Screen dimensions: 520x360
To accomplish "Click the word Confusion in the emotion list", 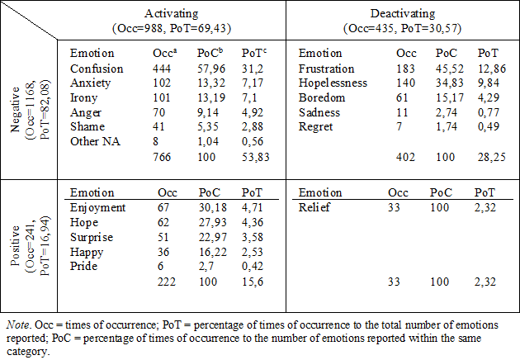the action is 97,69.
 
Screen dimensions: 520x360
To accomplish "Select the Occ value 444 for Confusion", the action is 162,69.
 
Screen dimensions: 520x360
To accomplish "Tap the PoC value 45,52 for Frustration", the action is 449,69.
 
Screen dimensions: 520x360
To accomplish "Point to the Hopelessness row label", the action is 333,83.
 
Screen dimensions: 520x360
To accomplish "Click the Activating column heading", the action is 172,13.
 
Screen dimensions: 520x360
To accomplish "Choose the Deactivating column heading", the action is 403,13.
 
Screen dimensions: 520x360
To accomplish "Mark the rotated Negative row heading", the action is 15,110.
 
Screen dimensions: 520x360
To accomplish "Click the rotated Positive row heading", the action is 15,245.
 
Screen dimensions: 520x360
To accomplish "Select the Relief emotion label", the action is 314,207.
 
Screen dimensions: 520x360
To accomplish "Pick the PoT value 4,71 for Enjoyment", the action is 252,207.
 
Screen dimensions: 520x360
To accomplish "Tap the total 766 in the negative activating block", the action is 162,157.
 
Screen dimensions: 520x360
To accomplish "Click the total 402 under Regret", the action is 405,157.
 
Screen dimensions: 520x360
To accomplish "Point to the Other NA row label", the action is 95,141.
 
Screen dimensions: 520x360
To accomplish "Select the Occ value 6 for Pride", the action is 160,266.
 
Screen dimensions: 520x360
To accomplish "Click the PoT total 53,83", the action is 255,157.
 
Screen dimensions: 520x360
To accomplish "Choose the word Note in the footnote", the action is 17,324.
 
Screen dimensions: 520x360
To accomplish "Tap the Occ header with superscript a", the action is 165,53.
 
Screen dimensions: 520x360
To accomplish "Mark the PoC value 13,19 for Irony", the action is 211,97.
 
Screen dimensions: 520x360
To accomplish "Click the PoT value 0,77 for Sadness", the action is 488,112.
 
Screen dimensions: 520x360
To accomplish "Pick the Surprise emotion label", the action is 92,237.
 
